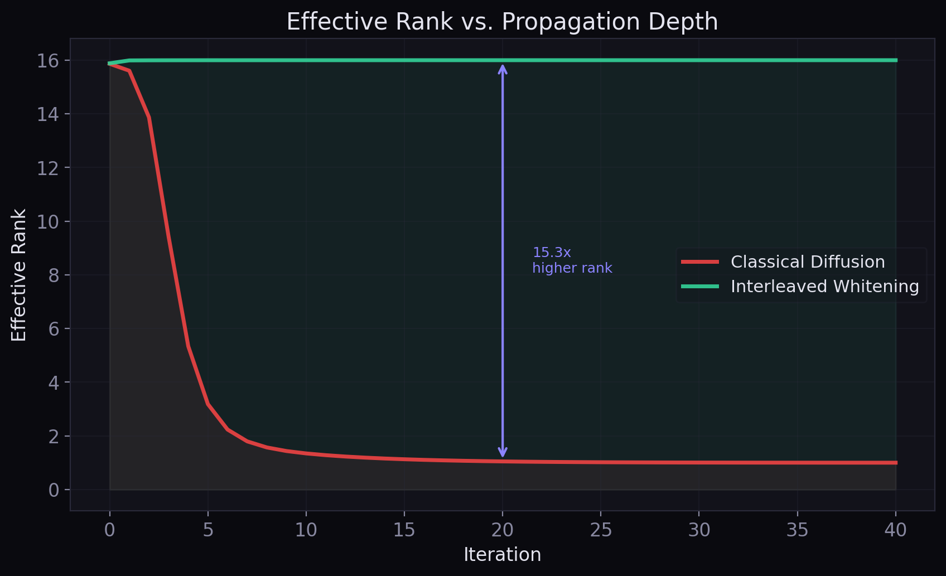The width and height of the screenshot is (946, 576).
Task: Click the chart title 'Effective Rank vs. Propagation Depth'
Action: click(502, 22)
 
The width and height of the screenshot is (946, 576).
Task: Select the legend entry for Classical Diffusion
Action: click(807, 262)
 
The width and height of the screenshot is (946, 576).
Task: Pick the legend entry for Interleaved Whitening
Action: click(824, 287)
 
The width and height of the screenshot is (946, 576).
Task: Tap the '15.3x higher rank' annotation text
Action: click(572, 260)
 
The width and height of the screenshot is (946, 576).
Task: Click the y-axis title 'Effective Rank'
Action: click(19, 275)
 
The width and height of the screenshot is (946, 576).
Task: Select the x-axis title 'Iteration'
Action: click(502, 555)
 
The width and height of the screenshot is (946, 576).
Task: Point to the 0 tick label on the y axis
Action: click(54, 490)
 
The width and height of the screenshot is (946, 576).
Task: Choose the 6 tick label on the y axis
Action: click(54, 329)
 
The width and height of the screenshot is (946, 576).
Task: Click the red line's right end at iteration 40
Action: click(896, 463)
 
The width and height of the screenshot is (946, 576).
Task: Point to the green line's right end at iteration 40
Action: click(896, 60)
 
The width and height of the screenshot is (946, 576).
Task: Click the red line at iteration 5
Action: click(208, 404)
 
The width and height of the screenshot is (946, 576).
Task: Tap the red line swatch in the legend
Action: click(700, 262)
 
